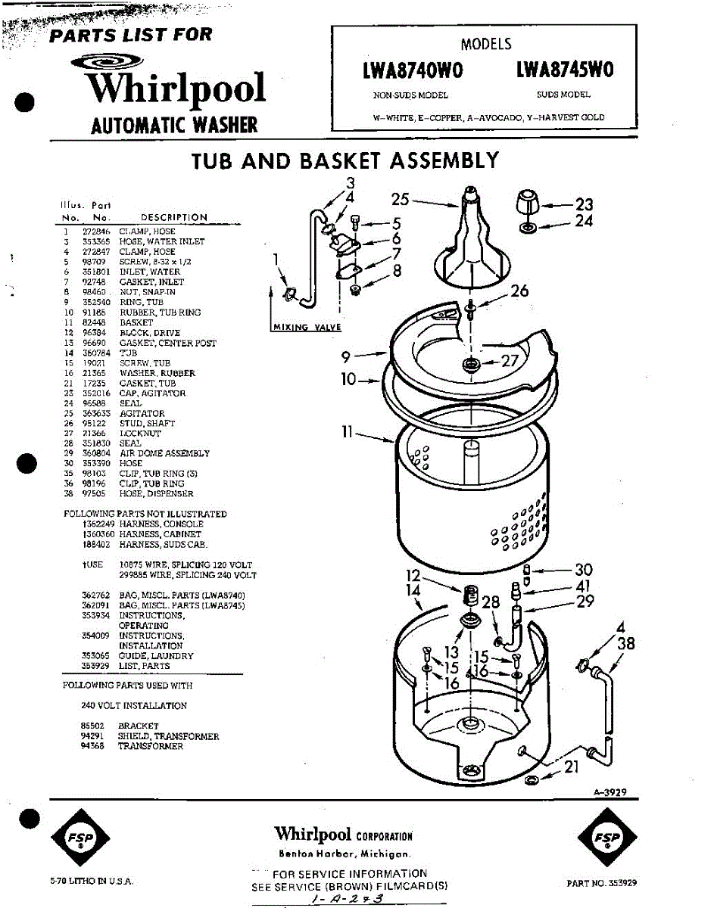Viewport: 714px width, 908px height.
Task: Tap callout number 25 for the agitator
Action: pyautogui.click(x=401, y=199)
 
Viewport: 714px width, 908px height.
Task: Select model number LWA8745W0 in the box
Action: pyautogui.click(x=564, y=70)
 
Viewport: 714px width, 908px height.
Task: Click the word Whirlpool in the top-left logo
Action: pyautogui.click(x=176, y=88)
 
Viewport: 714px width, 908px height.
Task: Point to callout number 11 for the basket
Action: pyautogui.click(x=347, y=433)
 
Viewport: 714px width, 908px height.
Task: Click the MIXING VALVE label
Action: pyautogui.click(x=306, y=327)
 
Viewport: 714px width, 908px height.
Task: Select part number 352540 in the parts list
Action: pyautogui.click(x=96, y=303)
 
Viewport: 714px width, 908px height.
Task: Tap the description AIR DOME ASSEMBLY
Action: pyautogui.click(x=164, y=454)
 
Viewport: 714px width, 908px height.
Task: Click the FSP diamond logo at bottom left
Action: pyautogui.click(x=80, y=839)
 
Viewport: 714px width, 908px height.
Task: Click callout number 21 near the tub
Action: pyautogui.click(x=572, y=767)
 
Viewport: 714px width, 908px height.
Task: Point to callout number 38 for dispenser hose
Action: pyautogui.click(x=626, y=645)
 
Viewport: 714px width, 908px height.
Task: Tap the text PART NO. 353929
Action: pyautogui.click(x=601, y=883)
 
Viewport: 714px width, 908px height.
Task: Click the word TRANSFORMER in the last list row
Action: pyautogui.click(x=150, y=747)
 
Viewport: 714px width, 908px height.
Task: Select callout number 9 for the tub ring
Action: pyautogui.click(x=345, y=355)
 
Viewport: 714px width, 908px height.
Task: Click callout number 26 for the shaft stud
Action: pyautogui.click(x=519, y=291)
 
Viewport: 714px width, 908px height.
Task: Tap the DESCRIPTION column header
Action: pyautogui.click(x=173, y=218)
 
